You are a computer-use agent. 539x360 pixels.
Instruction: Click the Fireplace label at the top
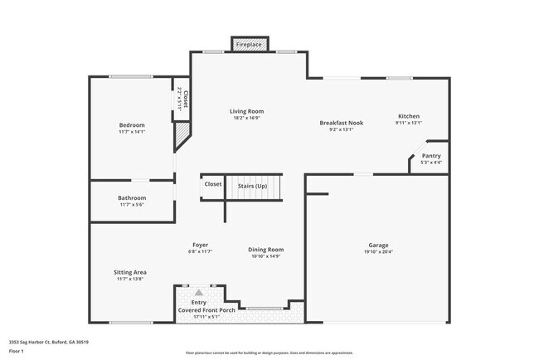click(248, 43)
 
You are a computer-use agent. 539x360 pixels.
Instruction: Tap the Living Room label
click(246, 111)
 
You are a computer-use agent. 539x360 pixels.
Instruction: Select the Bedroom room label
click(131, 125)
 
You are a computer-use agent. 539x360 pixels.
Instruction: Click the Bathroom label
click(131, 198)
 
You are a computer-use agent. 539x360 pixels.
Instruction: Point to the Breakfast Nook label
click(342, 123)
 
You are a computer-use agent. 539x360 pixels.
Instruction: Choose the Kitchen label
click(409, 116)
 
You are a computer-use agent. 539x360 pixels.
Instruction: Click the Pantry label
click(431, 156)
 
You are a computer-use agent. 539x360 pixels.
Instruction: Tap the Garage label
click(378, 246)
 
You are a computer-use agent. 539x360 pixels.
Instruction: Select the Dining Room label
click(265, 250)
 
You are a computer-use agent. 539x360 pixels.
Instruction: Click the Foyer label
click(200, 246)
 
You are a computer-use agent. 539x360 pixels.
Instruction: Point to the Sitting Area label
click(130, 272)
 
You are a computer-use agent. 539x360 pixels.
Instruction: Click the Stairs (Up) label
click(252, 186)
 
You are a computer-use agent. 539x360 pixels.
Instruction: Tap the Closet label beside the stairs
click(213, 184)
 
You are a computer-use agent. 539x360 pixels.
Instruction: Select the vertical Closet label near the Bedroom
click(185, 99)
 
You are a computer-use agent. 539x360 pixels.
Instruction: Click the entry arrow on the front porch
click(198, 292)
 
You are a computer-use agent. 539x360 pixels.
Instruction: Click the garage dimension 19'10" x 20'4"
click(378, 253)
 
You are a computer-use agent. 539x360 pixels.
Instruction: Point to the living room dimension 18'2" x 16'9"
click(246, 119)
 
